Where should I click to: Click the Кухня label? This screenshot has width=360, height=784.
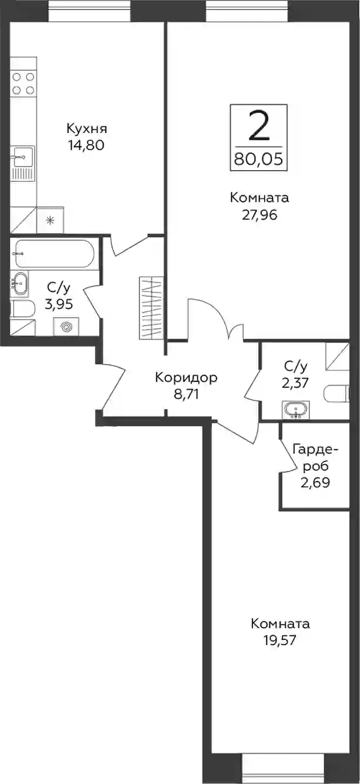click(86, 129)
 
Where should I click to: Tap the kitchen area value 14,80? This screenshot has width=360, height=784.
click(86, 145)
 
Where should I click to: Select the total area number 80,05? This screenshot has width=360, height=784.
click(259, 160)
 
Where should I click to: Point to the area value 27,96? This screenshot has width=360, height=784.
click(259, 215)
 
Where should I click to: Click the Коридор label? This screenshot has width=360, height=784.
click(186, 378)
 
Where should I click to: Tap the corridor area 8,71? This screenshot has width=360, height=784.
click(186, 394)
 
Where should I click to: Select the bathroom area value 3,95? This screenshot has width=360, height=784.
click(59, 304)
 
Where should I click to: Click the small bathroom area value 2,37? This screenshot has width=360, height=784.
click(296, 383)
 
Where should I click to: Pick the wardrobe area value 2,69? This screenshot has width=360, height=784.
click(315, 483)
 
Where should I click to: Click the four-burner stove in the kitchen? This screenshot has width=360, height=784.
click(23, 83)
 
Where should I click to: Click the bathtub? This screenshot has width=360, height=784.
click(54, 254)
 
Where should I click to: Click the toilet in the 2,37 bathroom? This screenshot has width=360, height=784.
click(336, 394)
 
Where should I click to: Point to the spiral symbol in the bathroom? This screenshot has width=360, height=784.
click(66, 327)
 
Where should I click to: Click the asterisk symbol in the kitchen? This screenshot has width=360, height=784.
click(51, 221)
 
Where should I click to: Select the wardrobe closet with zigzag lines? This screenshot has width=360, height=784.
click(151, 308)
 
